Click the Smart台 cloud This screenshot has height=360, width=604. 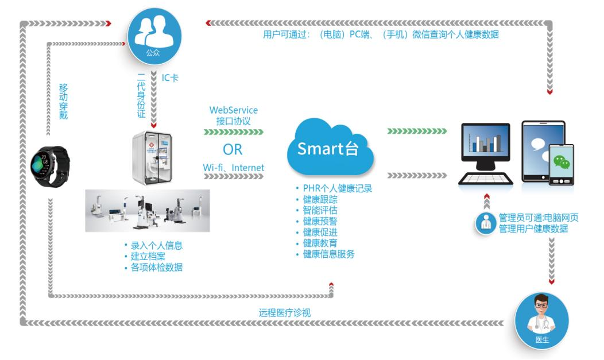(330, 149)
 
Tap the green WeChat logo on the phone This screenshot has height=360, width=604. (561, 162)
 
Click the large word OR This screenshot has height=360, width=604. (233, 150)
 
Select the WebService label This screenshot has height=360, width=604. (234, 110)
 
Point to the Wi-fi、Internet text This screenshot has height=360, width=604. (234, 168)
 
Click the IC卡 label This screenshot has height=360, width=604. (170, 78)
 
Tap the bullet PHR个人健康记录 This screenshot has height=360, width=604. (338, 188)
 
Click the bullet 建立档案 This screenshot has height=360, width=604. (148, 256)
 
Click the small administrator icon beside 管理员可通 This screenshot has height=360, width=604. (486, 222)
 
